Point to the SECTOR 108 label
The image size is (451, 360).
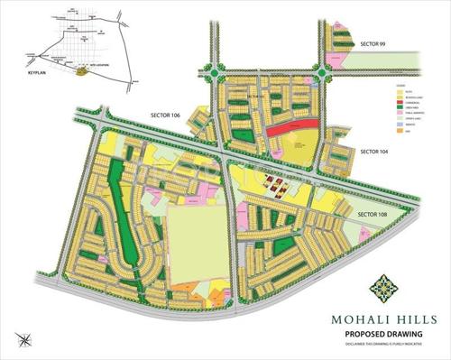(x=373, y=214)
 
